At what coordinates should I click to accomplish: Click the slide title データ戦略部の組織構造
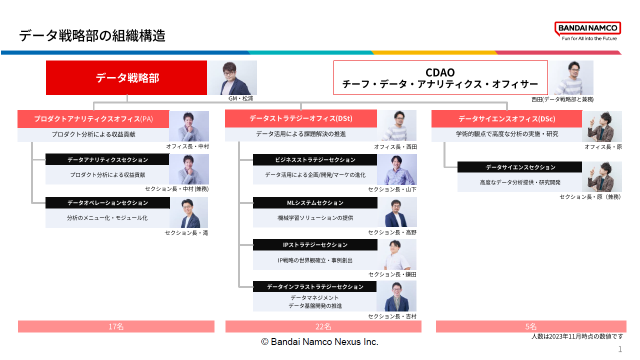[x=92, y=36]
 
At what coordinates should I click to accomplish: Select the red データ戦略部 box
[x=126, y=78]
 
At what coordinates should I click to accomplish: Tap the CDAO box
[x=440, y=78]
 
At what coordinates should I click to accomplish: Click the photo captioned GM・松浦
[x=232, y=77]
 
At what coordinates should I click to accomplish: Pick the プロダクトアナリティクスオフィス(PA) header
[x=93, y=119]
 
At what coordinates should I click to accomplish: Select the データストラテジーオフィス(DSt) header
[x=300, y=119]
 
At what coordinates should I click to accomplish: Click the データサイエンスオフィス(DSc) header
[x=506, y=119]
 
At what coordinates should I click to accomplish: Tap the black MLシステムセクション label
[x=315, y=202]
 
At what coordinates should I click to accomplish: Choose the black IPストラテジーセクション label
[x=315, y=244]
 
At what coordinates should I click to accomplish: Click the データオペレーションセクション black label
[x=107, y=202]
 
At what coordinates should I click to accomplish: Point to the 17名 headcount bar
[x=116, y=326]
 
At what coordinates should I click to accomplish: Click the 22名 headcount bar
[x=323, y=326]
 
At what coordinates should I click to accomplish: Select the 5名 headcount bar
[x=531, y=326]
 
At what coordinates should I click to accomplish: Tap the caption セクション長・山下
[x=392, y=189]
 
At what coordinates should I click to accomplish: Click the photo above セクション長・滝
[x=188, y=212]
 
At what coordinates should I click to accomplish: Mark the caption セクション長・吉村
[x=392, y=316]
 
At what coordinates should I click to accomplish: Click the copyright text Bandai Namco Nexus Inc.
[x=319, y=342]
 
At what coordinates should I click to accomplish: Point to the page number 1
[x=620, y=349]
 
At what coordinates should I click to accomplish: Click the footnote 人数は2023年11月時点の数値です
[x=577, y=336]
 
